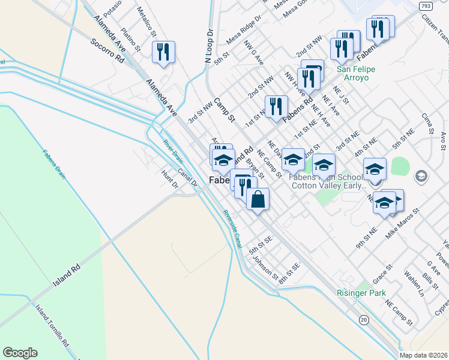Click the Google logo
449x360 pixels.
[20, 353]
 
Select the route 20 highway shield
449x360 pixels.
[364, 320]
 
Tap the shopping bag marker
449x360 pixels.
[257, 200]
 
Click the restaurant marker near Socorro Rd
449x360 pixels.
[163, 52]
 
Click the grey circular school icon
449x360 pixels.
[422, 176]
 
